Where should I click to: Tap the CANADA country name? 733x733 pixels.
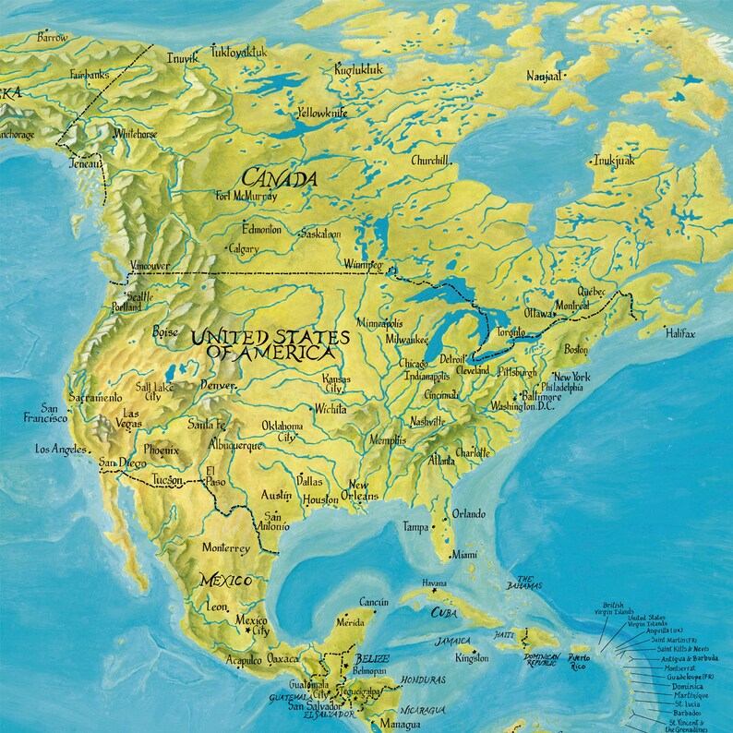(x=280, y=177)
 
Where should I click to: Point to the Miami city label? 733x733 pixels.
(x=464, y=555)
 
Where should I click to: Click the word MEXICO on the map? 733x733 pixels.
(x=226, y=581)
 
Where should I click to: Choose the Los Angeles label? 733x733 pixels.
(x=60, y=450)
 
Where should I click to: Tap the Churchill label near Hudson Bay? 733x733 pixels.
(x=429, y=160)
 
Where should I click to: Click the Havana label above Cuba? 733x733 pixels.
(x=434, y=584)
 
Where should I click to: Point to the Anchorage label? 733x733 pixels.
(x=17, y=135)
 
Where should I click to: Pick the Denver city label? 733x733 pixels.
(x=218, y=385)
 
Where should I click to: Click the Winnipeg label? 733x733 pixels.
(x=362, y=266)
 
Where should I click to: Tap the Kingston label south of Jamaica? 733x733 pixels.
(x=472, y=658)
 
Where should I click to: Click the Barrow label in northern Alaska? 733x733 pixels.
(x=52, y=37)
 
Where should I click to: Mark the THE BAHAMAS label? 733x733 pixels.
(x=523, y=581)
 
